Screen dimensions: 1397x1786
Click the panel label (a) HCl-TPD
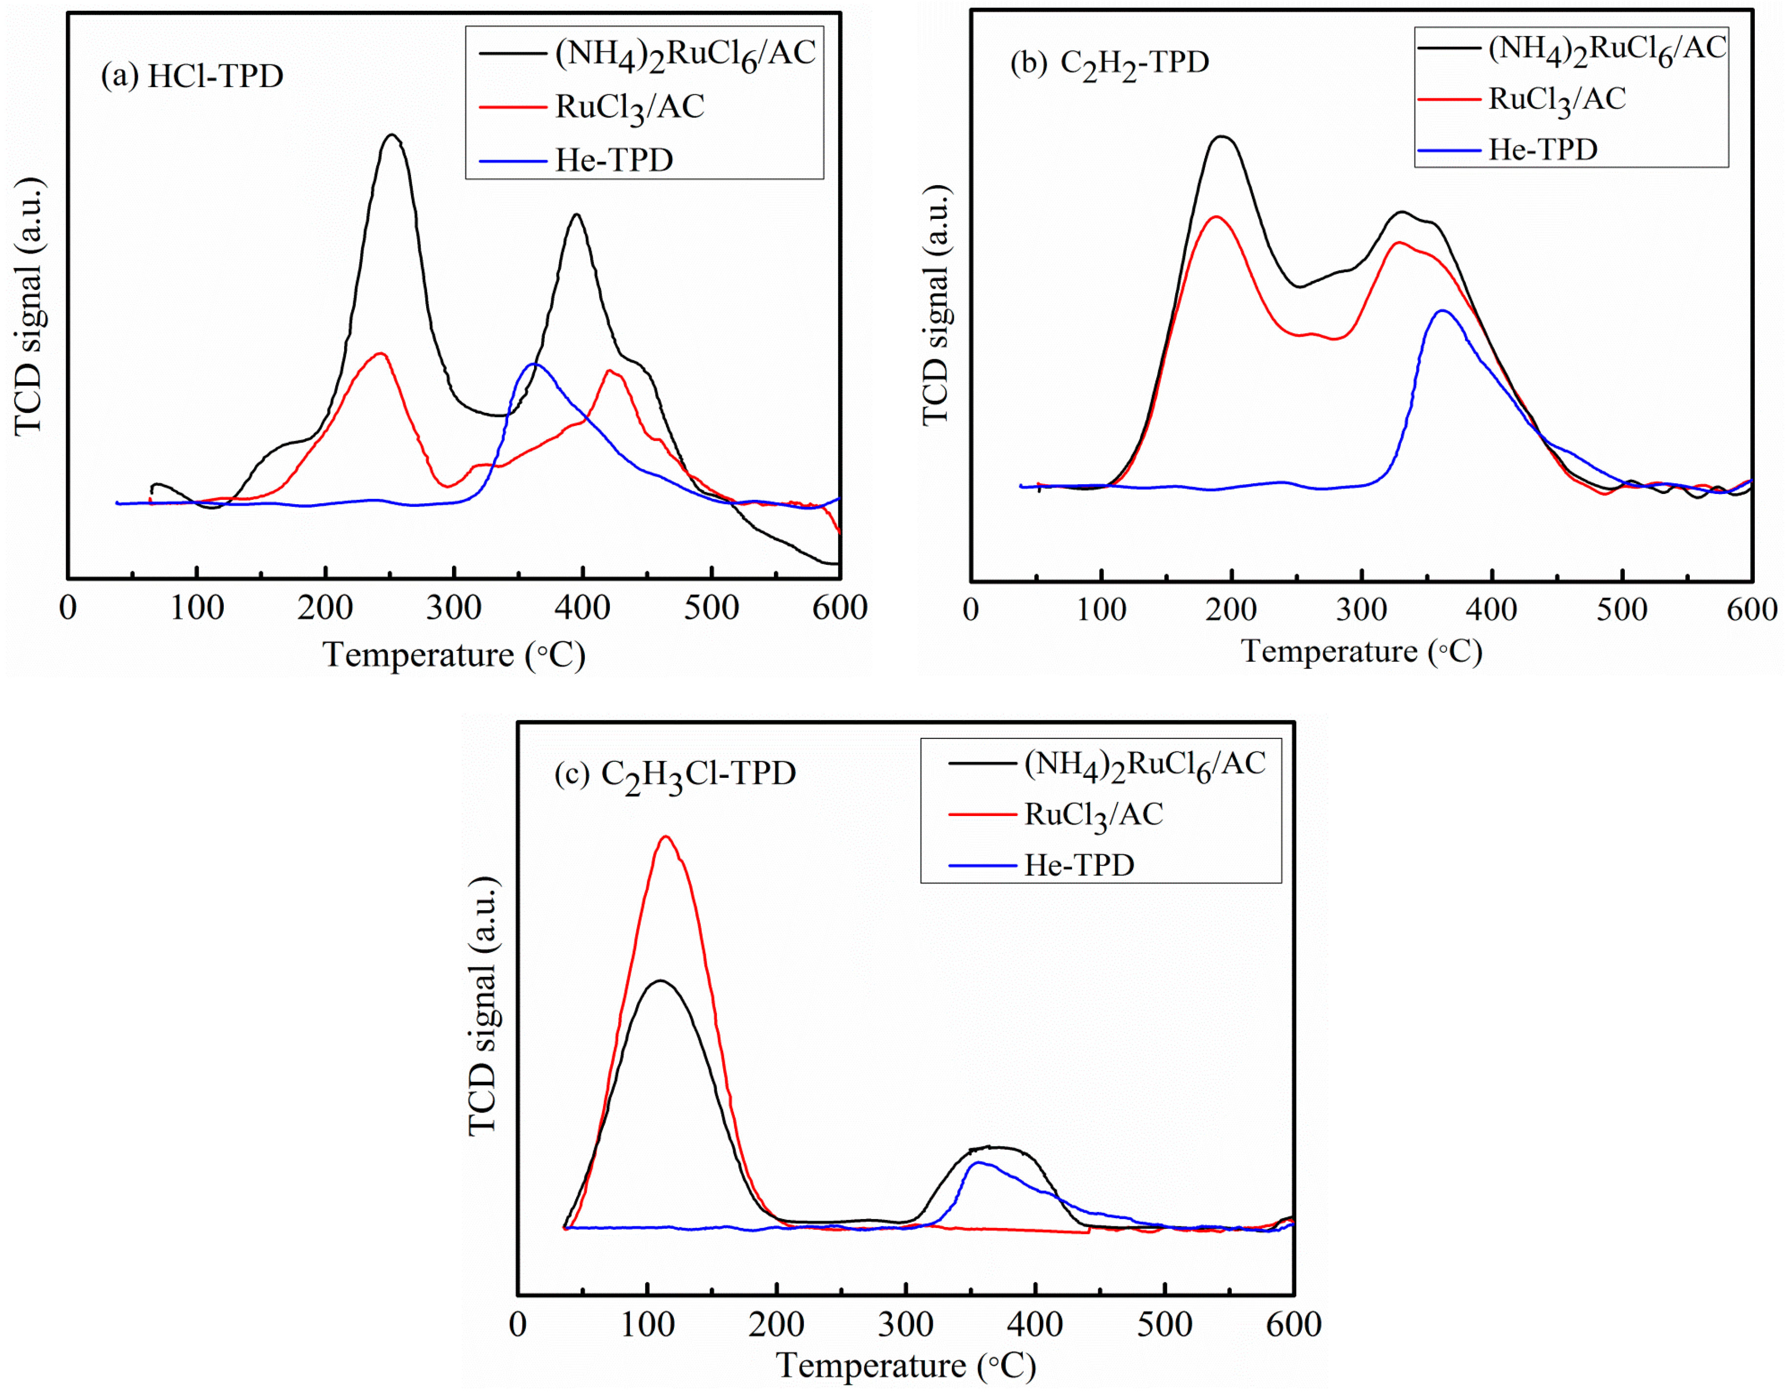[x=192, y=76]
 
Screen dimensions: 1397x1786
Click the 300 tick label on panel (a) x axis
[x=454, y=608]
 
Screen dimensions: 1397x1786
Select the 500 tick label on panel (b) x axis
[x=1622, y=610]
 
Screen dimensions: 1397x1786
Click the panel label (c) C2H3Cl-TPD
[x=675, y=774]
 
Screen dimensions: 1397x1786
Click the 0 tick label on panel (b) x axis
[x=970, y=610]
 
